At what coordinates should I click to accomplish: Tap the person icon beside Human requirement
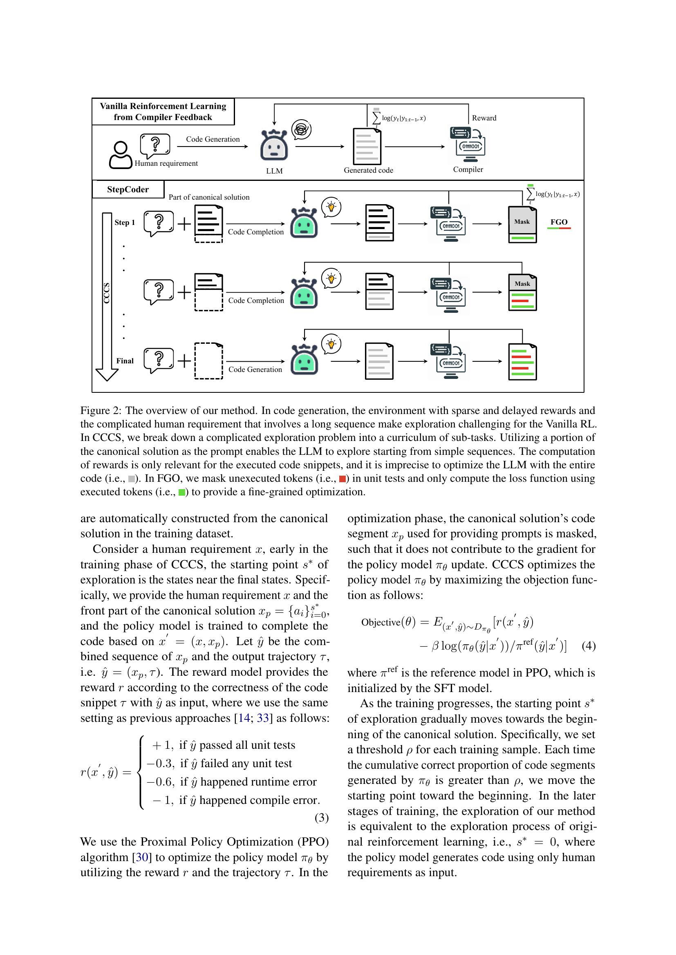click(120, 155)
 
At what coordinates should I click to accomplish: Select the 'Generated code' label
click(368, 170)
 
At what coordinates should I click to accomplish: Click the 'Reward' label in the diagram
click(483, 118)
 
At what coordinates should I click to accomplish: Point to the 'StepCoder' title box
click(128, 190)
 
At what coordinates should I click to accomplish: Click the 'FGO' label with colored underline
click(559, 222)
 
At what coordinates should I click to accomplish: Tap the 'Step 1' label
click(125, 223)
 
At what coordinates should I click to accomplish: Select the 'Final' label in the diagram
click(125, 361)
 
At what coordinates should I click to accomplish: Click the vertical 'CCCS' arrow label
click(107, 293)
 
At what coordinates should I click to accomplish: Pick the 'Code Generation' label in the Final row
click(255, 370)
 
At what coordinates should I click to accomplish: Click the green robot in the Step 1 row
click(304, 223)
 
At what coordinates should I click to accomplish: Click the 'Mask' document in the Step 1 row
click(522, 225)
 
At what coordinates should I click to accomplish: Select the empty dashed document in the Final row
click(208, 361)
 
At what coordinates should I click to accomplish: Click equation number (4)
click(589, 646)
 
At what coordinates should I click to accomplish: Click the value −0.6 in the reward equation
click(160, 782)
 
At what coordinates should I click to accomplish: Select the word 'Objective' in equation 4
click(381, 622)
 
